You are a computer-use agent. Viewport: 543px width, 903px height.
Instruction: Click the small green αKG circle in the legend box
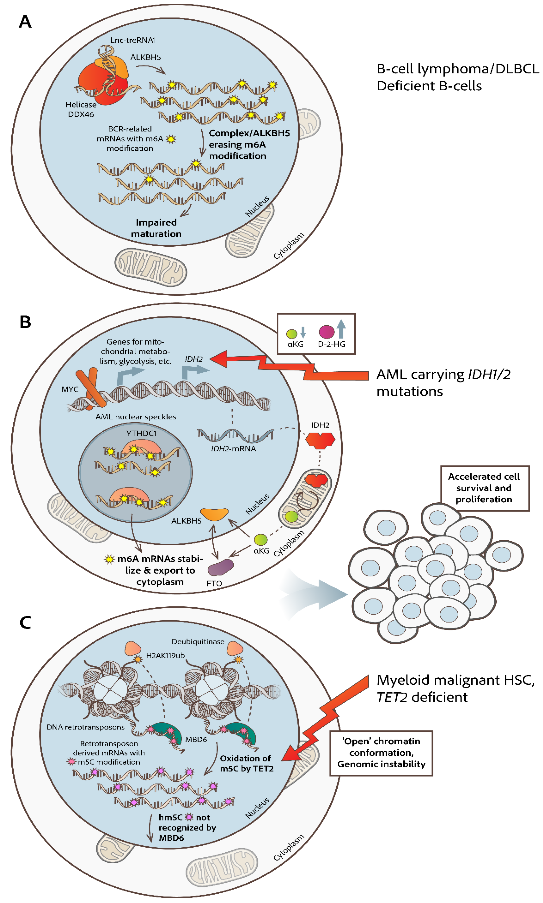(x=292, y=334)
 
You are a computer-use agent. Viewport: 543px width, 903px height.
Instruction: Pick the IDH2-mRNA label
(x=233, y=448)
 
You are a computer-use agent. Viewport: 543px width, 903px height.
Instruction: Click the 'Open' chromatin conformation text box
(x=381, y=752)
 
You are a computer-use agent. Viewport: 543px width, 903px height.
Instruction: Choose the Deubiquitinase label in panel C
(x=198, y=642)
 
